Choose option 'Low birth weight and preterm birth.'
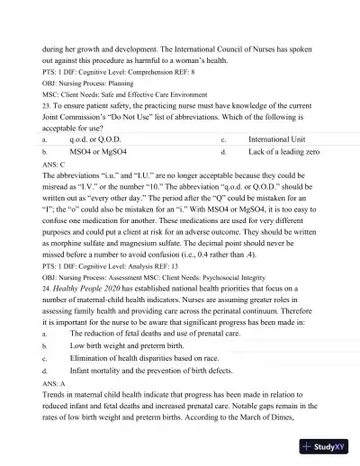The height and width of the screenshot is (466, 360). [127, 345]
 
